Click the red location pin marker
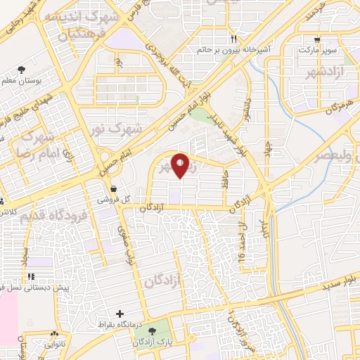(181, 166)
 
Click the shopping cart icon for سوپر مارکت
(318, 40)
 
